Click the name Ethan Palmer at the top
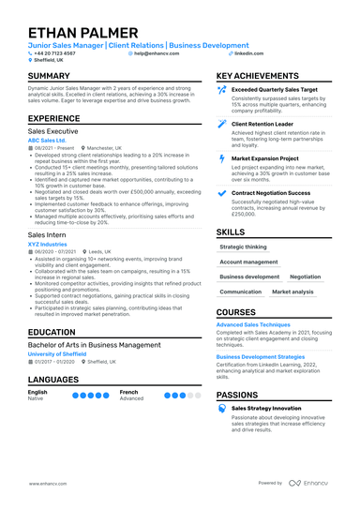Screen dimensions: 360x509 click(82, 33)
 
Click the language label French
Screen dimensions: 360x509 click(128, 392)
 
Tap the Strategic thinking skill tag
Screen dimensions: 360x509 click(243, 247)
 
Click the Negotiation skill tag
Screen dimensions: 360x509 click(305, 277)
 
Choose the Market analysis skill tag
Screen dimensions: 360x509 click(292, 292)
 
